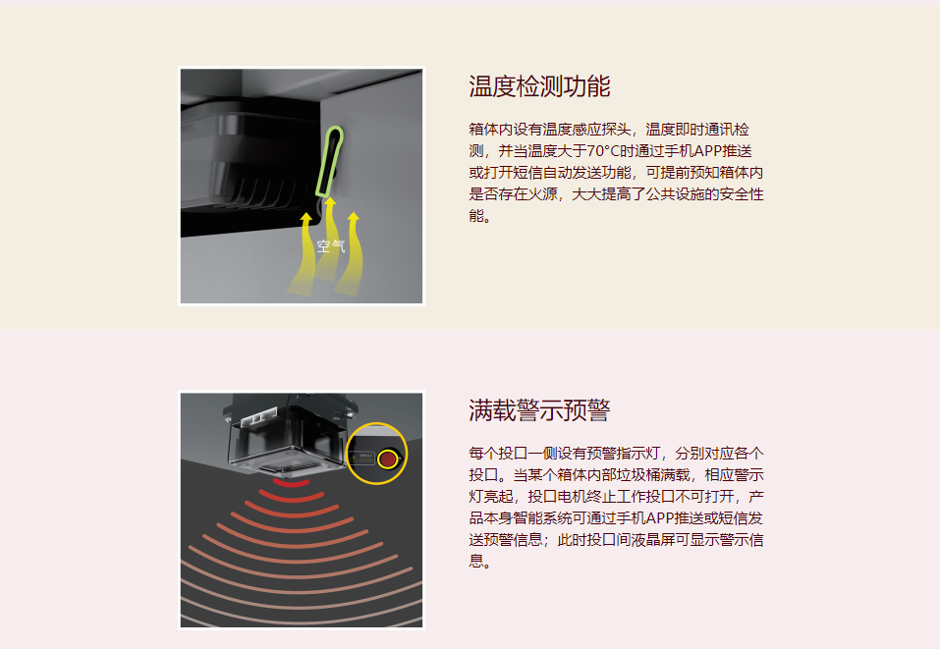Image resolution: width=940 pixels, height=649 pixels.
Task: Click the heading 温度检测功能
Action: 539,86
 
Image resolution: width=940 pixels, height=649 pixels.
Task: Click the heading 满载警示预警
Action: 539,410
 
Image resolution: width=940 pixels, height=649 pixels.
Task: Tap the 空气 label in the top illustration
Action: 331,246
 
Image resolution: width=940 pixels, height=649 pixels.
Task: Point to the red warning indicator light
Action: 388,460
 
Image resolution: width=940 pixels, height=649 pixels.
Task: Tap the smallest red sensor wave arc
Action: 292,483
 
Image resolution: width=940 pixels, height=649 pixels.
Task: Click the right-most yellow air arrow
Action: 351,253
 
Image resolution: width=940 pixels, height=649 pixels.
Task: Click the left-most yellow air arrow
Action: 304,254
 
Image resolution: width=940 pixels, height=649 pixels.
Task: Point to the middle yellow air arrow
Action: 328,239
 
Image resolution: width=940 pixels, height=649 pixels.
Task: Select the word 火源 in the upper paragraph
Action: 542,194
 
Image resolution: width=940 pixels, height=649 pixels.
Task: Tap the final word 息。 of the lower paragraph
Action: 479,562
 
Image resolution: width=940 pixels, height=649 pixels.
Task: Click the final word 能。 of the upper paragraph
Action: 479,216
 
